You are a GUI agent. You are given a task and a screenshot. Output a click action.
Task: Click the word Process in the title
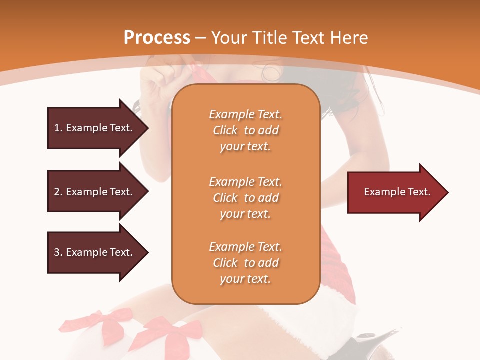157,38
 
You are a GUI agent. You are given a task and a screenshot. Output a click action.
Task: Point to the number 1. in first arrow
58,128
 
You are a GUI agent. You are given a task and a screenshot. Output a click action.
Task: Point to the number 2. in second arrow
58,192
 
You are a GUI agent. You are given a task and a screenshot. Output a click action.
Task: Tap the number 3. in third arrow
58,252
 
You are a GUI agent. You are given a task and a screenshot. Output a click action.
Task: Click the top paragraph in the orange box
245,130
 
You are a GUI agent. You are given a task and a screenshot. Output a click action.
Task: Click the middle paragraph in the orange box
245,198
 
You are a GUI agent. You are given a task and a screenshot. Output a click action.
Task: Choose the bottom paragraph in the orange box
245,263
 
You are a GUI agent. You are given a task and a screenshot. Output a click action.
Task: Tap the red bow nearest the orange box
180,332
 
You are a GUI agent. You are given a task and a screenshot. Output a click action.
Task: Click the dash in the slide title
200,38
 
